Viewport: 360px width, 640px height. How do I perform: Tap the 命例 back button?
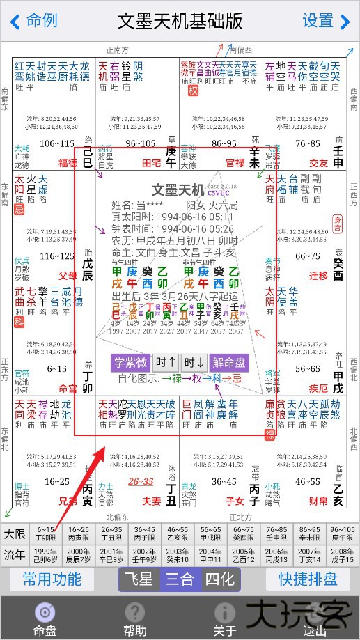pos(33,21)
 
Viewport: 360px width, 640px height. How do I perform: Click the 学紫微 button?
pos(130,363)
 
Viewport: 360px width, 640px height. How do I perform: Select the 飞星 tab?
pos(138,579)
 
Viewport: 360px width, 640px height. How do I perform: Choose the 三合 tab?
pos(180,579)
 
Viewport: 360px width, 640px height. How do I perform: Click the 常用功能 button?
pos(52,579)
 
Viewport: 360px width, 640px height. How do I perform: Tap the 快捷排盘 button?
pos(308,579)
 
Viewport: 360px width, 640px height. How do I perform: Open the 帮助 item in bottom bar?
pos(134,618)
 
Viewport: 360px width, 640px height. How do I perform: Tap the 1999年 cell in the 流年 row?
pos(45,556)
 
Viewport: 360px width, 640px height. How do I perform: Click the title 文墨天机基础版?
pos(180,21)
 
